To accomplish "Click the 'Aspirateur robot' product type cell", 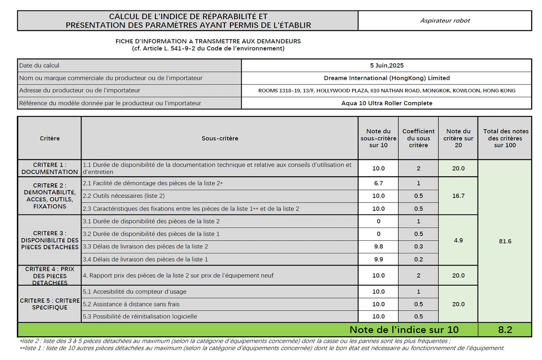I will [x=445, y=20].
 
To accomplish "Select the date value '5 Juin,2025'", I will [x=386, y=66].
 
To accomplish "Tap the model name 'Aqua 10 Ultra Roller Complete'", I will [x=386, y=103].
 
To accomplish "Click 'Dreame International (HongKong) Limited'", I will [x=386, y=78].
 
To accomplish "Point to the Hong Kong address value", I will [x=386, y=91].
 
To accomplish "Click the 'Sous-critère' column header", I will [x=220, y=138].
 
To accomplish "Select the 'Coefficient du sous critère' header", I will [x=418, y=138].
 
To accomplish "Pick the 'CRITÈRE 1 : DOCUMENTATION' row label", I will [x=50, y=168].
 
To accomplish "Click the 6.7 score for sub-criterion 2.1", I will [x=378, y=183].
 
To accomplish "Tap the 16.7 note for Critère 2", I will [x=458, y=196].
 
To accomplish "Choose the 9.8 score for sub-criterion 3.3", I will [x=378, y=246].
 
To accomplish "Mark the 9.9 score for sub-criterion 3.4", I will [x=378, y=259].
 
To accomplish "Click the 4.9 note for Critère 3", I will [x=458, y=240].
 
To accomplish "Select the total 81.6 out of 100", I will [x=505, y=241].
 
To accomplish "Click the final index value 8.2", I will [x=505, y=330].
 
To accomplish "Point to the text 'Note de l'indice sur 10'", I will [x=404, y=330].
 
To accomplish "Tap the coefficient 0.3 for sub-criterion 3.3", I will [x=418, y=246].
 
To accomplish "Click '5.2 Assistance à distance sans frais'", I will [x=131, y=304].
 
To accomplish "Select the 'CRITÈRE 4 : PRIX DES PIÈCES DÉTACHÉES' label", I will [x=50, y=276].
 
